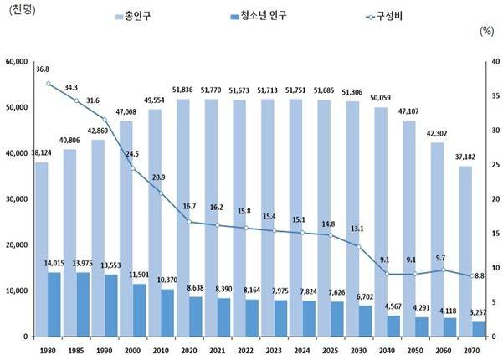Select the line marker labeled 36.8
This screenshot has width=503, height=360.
(x=49, y=84)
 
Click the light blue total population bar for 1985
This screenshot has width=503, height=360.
(x=69, y=243)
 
